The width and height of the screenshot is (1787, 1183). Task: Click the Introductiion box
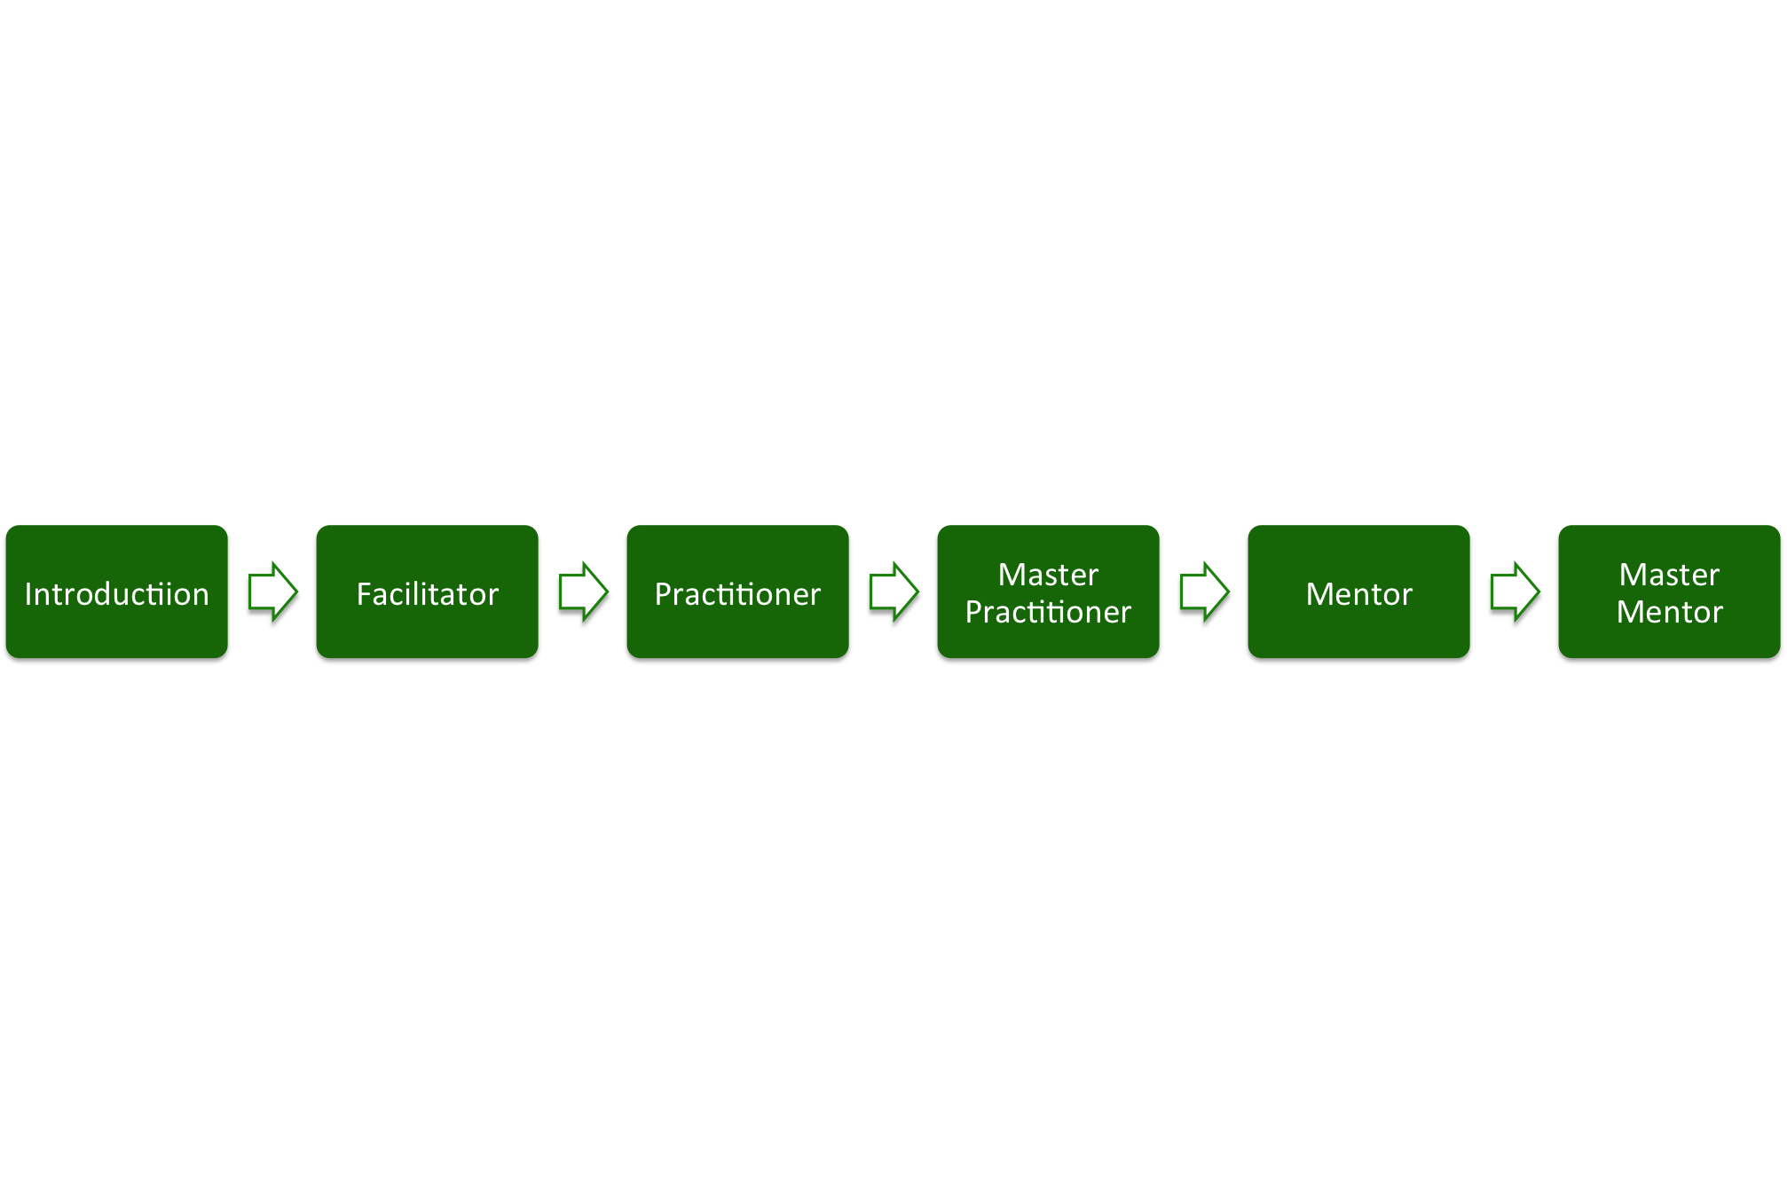116,591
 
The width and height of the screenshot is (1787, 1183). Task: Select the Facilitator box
427,591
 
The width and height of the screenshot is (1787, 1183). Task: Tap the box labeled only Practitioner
737,591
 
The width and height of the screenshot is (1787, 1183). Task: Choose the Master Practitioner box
1048,591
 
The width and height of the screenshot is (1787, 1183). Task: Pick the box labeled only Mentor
1358,591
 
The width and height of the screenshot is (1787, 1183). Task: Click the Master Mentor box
1669,591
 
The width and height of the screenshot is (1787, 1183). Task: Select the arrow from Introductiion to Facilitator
272,591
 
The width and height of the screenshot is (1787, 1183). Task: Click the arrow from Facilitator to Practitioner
583,591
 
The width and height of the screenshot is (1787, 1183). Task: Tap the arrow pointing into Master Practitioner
893,591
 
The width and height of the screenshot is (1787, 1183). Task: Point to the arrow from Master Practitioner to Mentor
1204,591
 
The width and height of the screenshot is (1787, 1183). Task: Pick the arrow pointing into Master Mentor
1515,591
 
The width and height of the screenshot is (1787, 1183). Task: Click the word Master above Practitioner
1048,575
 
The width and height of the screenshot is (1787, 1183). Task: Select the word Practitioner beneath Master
1048,612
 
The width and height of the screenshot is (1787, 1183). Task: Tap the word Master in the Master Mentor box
1669,575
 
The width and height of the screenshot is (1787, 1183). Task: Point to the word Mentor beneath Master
1669,612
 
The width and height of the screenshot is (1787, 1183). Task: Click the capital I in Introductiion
28,594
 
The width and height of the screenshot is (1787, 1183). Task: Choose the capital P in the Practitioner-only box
663,594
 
